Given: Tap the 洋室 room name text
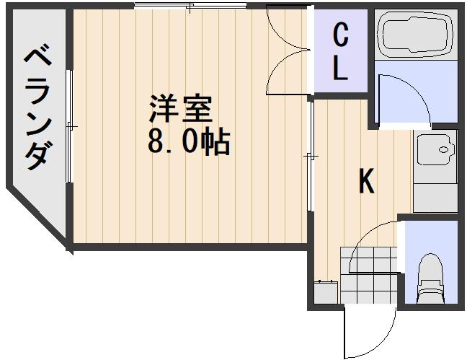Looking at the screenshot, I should click(x=180, y=110).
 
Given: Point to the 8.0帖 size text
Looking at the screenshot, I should click(x=189, y=143).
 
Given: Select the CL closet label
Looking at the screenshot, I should click(x=341, y=52).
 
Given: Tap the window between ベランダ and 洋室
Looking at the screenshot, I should click(x=69, y=126).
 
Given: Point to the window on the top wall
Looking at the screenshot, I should click(x=189, y=7).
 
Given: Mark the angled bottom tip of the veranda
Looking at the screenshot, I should click(x=67, y=244).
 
